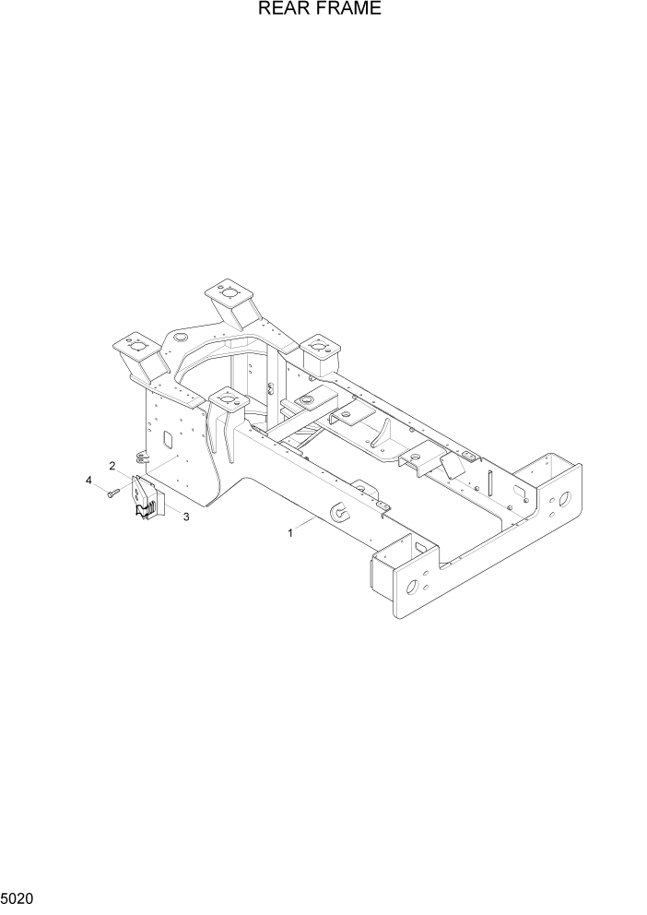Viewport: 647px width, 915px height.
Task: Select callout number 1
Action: tap(291, 532)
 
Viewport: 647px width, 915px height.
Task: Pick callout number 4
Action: tap(89, 481)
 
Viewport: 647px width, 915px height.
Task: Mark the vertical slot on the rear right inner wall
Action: tap(490, 481)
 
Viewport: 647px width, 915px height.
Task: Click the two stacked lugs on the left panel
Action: tap(141, 457)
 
